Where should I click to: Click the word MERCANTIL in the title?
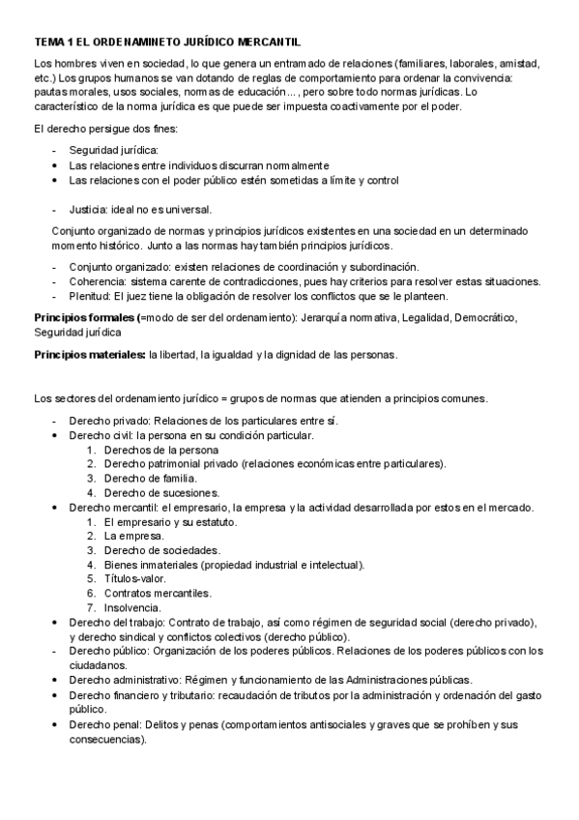[265, 43]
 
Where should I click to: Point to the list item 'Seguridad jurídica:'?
[113, 150]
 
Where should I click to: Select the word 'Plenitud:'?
[91, 295]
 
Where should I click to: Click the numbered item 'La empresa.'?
[134, 536]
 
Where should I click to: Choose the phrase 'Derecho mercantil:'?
[113, 507]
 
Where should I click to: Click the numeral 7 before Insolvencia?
[91, 607]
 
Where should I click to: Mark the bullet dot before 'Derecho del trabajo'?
[54, 622]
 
